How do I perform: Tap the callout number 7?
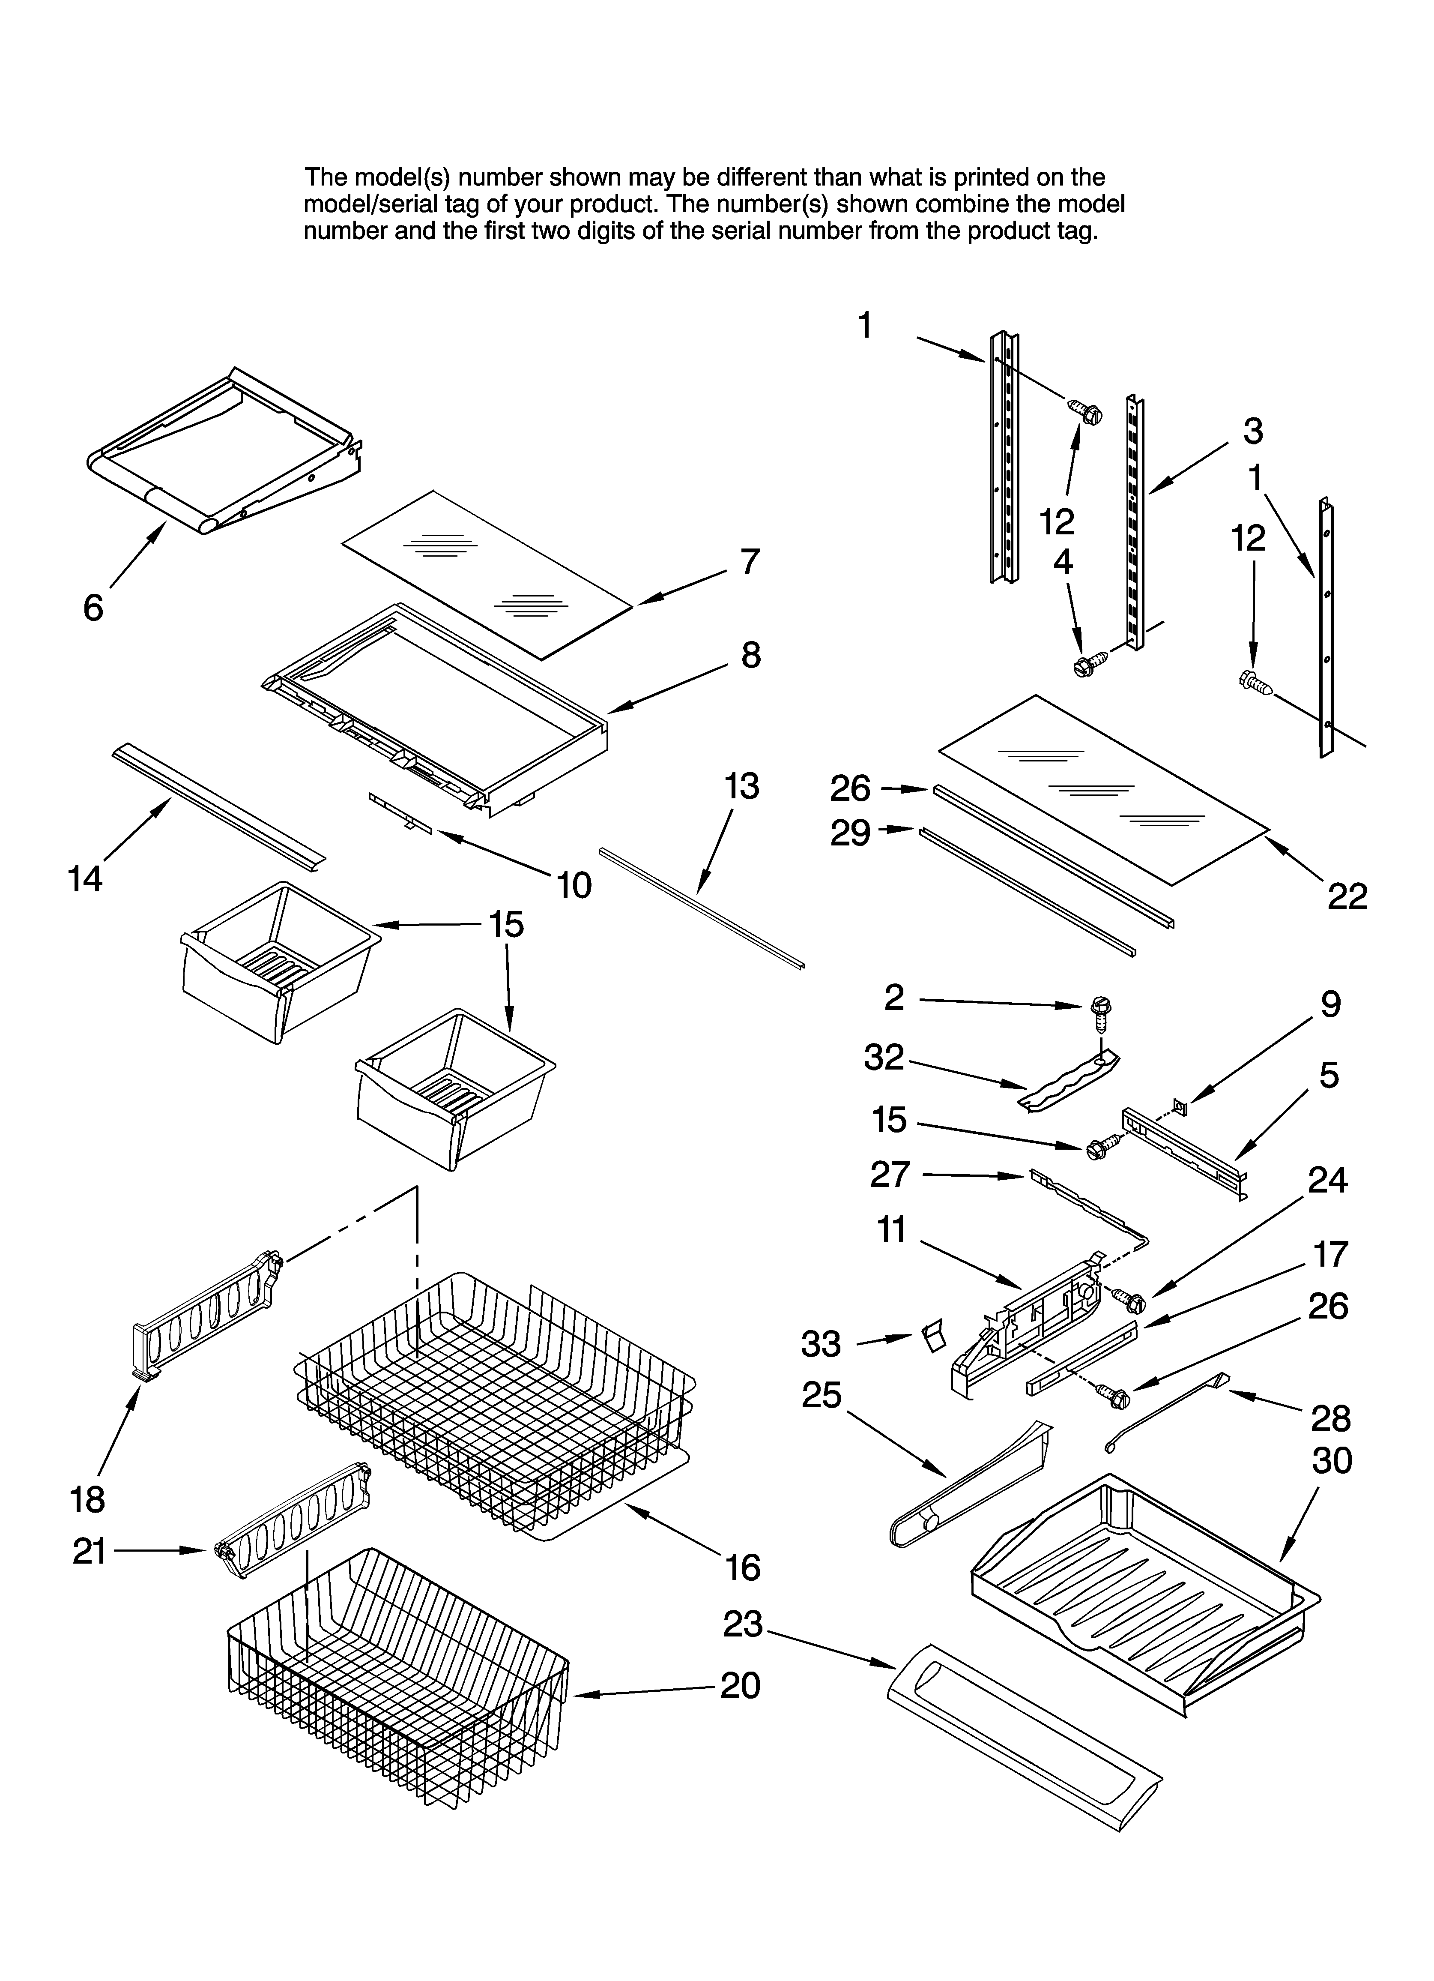tap(749, 562)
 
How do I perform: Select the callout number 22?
tap(1347, 896)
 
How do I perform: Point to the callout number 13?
tap(741, 787)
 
